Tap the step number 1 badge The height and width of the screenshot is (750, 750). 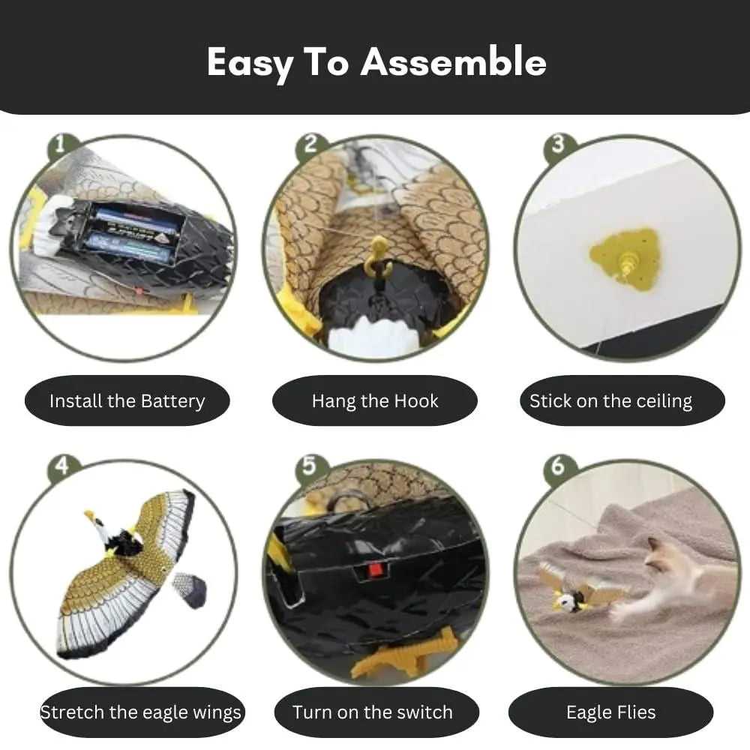point(60,145)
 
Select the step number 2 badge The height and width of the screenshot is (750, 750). point(310,144)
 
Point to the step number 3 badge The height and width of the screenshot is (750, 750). point(558,144)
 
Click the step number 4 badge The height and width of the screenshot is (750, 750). point(61,466)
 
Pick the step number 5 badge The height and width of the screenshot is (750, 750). point(310,466)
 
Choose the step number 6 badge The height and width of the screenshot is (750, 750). point(558,466)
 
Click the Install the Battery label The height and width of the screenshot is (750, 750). point(127,400)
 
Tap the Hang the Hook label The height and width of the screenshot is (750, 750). point(375,400)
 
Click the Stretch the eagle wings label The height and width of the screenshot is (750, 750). point(141,712)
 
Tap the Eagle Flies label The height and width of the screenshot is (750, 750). point(610,712)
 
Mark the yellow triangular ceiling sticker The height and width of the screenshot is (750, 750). point(625,259)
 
